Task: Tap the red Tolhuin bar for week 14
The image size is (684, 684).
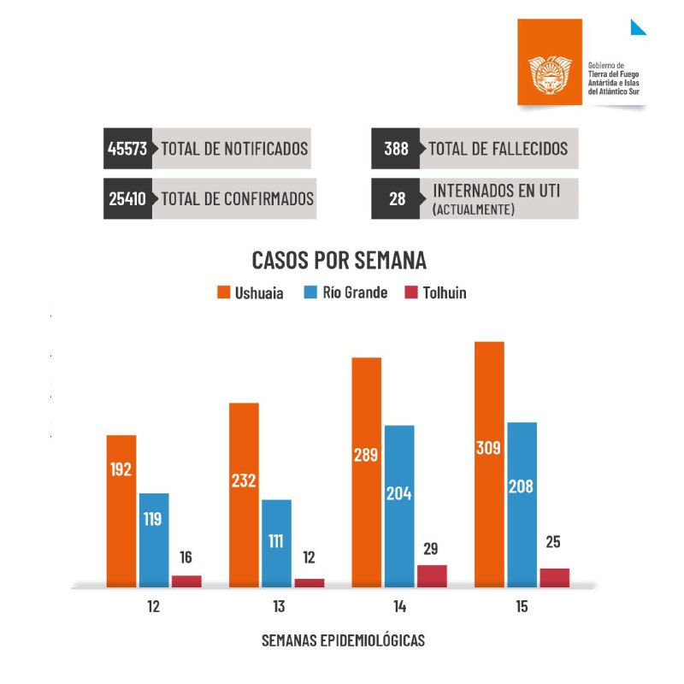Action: [432, 575]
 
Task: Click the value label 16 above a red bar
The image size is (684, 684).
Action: [186, 557]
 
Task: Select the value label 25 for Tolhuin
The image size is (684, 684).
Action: [554, 542]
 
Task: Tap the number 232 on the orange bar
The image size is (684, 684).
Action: [244, 481]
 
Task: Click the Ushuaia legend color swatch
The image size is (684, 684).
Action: [222, 293]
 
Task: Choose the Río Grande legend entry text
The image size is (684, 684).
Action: [355, 292]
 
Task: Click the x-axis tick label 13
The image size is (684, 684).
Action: [279, 608]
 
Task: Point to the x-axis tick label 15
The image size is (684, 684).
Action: [522, 608]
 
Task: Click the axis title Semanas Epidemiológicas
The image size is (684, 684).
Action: [343, 640]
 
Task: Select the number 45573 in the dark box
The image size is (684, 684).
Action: [127, 149]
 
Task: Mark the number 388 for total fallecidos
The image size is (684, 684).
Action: [396, 149]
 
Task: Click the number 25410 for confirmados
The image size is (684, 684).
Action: [127, 199]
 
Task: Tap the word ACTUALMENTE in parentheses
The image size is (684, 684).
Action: [474, 209]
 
